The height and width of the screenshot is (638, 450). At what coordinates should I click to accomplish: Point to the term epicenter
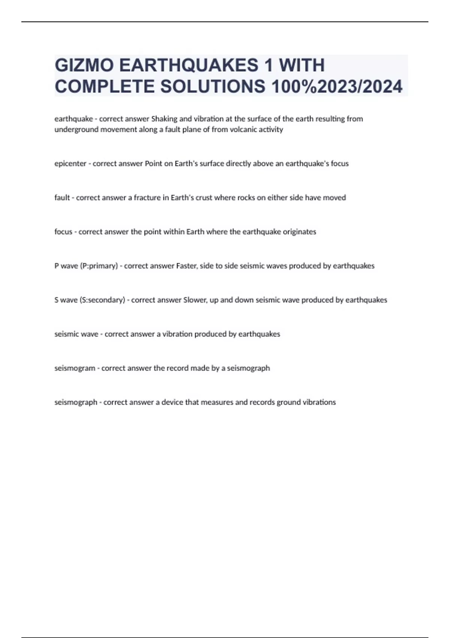point(70,164)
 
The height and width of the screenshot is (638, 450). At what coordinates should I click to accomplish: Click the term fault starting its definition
point(62,198)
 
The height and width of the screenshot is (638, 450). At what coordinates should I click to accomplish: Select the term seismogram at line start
point(75,368)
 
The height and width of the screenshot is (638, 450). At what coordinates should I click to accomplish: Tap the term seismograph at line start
point(76,402)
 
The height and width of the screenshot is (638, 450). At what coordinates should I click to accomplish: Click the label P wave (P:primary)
point(86,266)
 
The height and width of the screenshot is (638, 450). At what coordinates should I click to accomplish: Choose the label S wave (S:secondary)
point(90,300)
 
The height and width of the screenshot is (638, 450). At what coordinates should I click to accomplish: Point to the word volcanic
point(245,129)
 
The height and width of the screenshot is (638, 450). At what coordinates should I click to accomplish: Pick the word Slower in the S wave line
point(195,300)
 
